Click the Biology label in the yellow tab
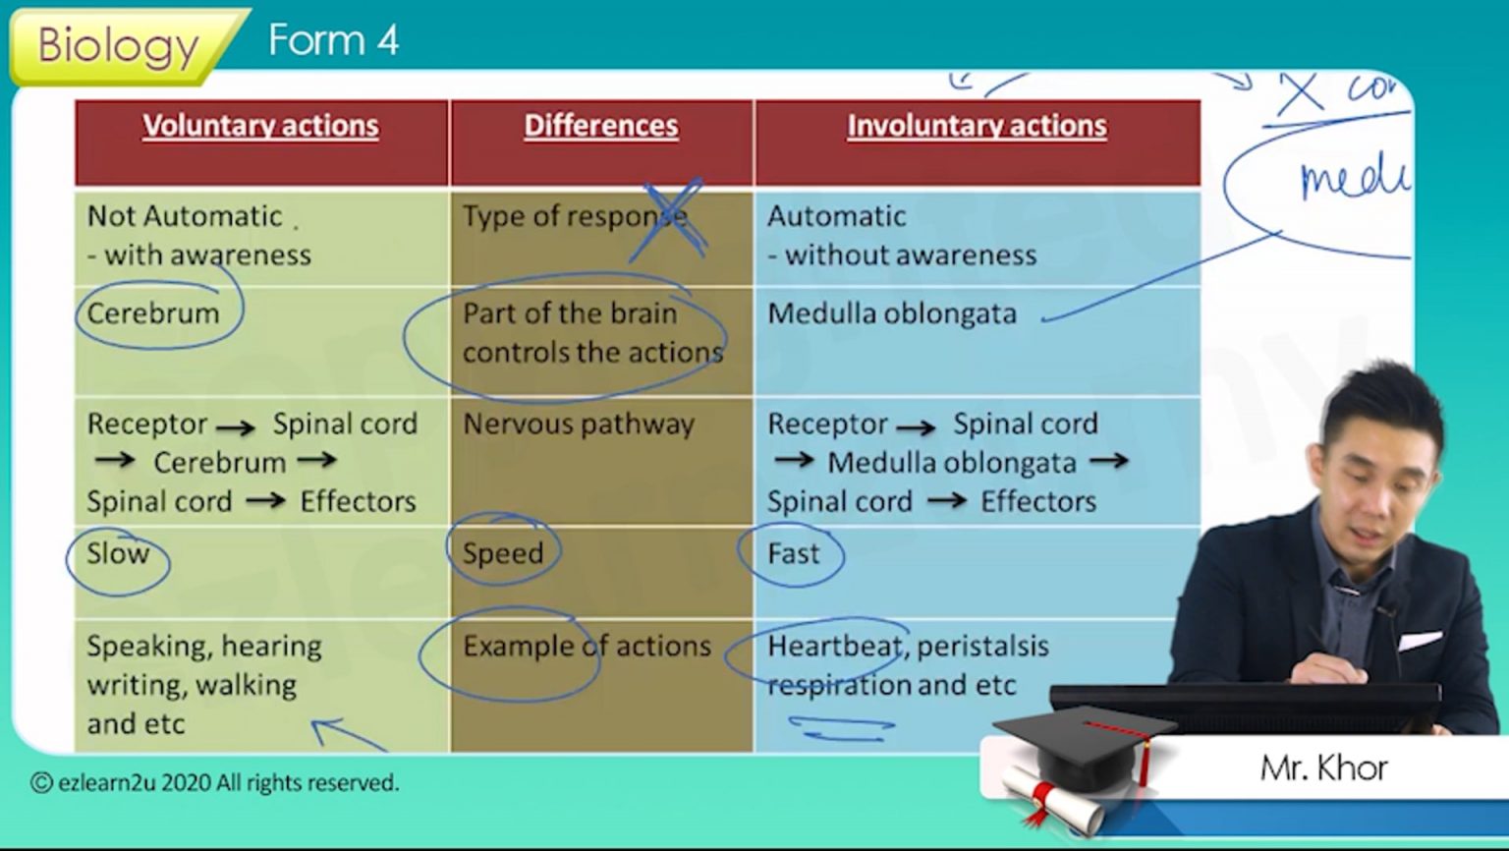(118, 45)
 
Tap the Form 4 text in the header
(333, 40)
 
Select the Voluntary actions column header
(260, 126)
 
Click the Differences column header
(600, 126)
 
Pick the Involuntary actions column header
(977, 126)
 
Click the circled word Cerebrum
(153, 313)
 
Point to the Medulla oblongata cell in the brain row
(891, 313)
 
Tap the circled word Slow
(118, 553)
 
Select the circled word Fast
(793, 554)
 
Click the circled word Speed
(503, 554)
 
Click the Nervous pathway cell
(579, 425)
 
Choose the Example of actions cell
(587, 646)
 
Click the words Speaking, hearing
(203, 646)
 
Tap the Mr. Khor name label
(1323, 767)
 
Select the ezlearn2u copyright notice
(214, 783)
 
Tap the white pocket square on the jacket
(1419, 642)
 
